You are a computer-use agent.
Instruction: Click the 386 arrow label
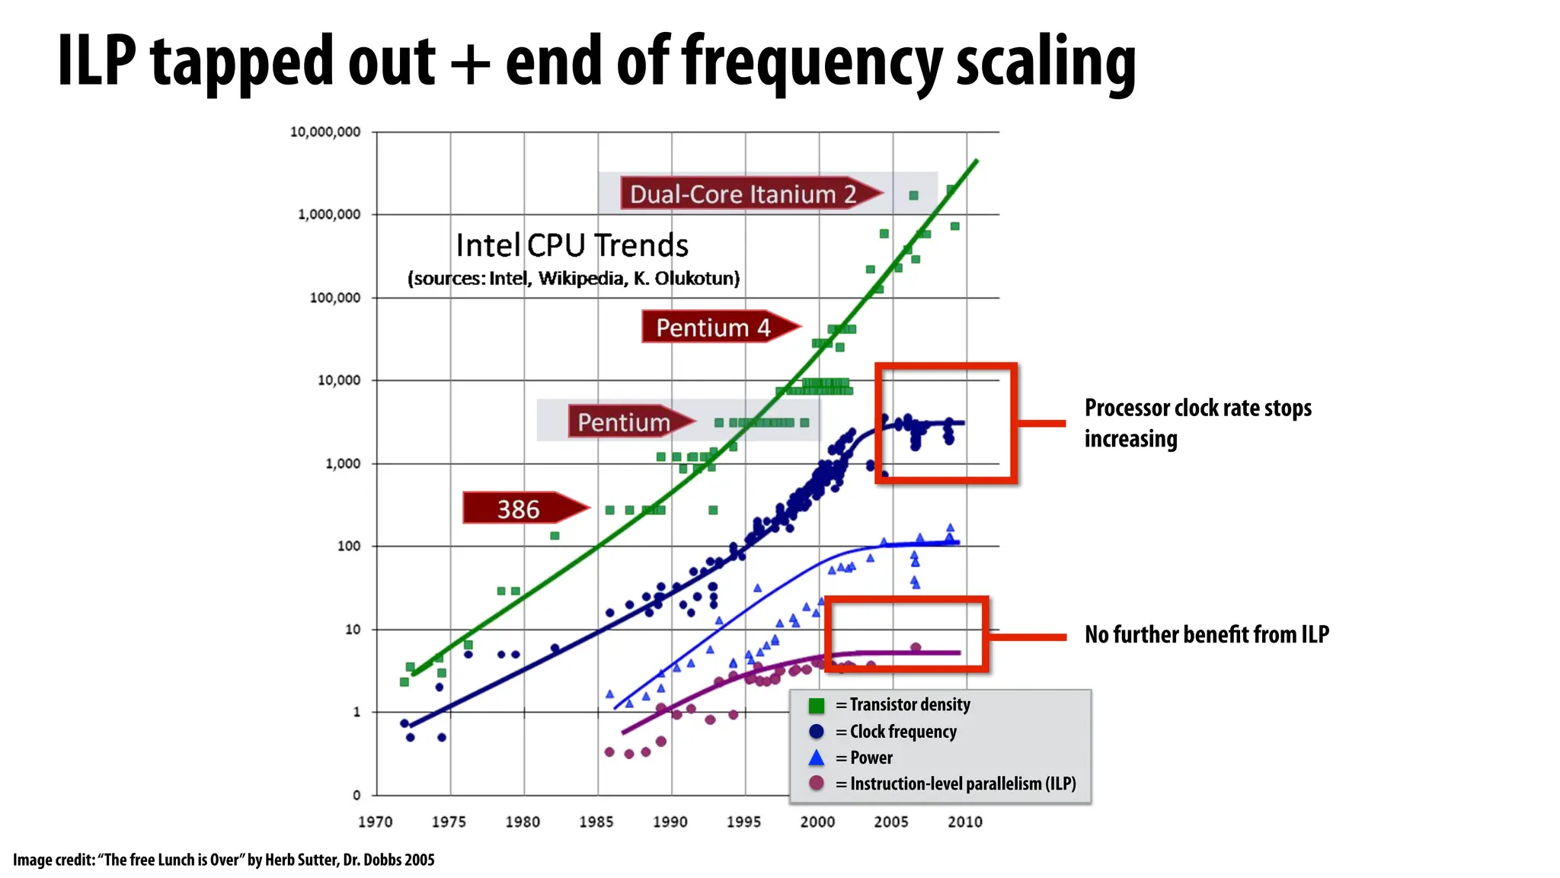tap(519, 508)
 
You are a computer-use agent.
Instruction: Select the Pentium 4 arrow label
tap(714, 328)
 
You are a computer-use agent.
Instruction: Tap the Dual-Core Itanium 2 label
tap(743, 194)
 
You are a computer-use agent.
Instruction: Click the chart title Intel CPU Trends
tap(572, 245)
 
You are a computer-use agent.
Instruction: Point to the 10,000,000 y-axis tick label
tap(325, 132)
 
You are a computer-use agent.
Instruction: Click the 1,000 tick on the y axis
tap(343, 463)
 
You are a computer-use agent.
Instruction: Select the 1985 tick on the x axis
tap(596, 822)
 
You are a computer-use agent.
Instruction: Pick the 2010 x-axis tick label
tap(964, 822)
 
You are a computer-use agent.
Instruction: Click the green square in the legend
tap(817, 706)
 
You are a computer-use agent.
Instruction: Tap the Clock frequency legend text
tap(903, 732)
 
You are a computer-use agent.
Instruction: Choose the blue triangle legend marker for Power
tap(817, 758)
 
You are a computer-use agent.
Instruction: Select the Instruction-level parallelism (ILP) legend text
tap(963, 783)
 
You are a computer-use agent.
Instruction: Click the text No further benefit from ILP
tap(1207, 634)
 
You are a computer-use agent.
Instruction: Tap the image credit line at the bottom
tap(224, 860)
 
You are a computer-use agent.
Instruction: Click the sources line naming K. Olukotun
tap(574, 278)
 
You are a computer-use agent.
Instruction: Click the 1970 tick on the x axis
tap(375, 822)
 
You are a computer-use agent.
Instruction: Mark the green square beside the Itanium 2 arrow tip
tap(913, 196)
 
